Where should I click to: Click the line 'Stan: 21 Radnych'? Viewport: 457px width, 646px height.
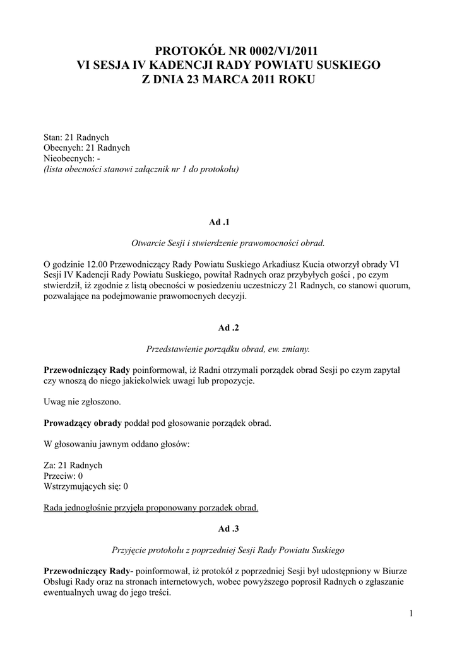[76, 137]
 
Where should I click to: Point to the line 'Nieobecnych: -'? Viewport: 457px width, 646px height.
[72, 158]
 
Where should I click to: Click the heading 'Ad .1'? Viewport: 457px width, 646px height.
[228, 223]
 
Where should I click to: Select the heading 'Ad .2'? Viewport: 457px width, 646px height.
[228, 328]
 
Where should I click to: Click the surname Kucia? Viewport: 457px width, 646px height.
[355, 262]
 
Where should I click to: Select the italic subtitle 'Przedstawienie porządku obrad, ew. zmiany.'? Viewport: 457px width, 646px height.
[228, 348]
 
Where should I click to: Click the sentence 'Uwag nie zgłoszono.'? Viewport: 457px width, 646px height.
[82, 402]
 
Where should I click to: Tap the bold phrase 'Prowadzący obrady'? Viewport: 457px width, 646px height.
[83, 423]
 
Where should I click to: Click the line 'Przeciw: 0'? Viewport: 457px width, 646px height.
[63, 476]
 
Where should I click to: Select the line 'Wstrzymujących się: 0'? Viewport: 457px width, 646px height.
[86, 486]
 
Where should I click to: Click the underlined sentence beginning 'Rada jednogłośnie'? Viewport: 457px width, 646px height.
[151, 508]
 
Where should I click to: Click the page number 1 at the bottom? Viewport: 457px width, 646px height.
[410, 614]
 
